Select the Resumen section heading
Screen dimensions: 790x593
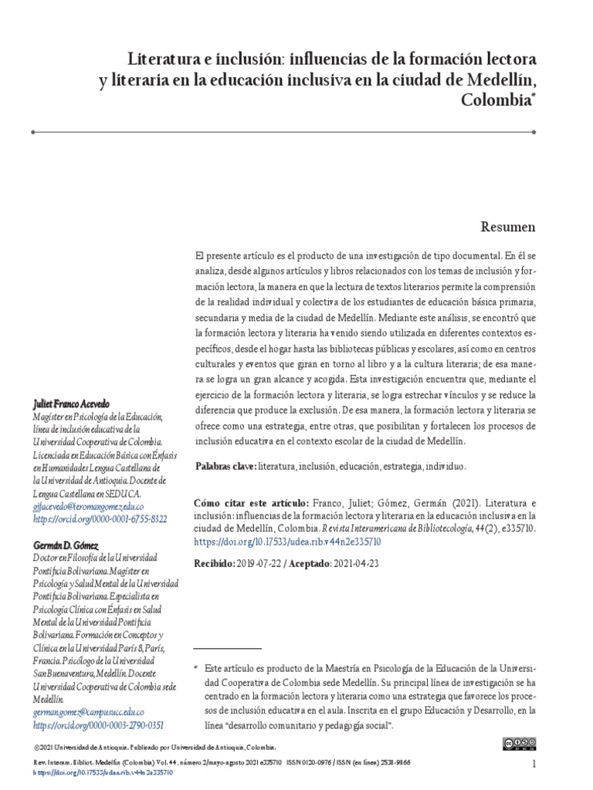(508, 227)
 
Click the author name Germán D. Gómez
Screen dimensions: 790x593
(66, 545)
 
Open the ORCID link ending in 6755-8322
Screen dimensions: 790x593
(100, 519)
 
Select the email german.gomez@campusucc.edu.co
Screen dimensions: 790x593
(89, 712)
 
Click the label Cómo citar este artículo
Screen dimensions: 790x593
(251, 502)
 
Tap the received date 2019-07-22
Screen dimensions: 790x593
(260, 564)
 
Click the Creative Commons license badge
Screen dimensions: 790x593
(519, 744)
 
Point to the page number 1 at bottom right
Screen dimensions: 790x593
(534, 764)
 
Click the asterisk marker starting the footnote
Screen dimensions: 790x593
(196, 666)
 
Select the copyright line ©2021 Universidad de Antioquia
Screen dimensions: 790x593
(155, 748)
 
